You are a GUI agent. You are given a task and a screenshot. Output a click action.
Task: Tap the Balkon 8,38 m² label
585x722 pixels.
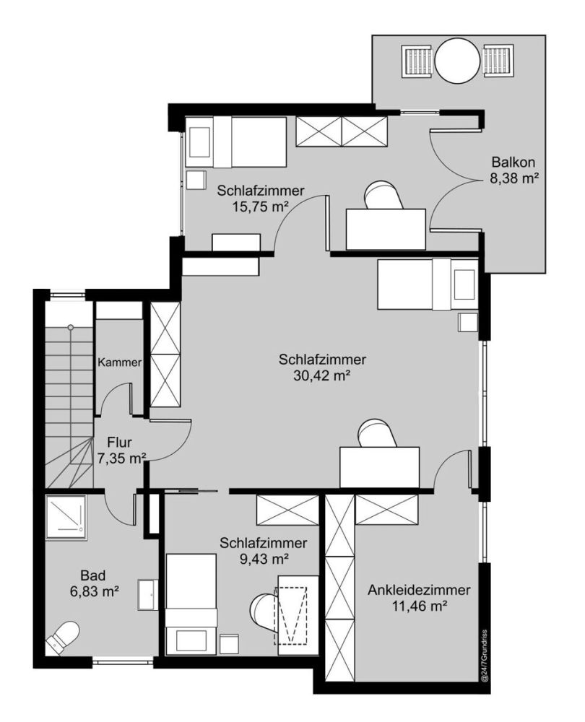513,170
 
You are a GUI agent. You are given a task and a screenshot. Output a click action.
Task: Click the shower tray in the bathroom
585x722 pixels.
66,517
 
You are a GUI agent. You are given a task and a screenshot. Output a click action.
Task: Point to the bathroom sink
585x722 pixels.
148,595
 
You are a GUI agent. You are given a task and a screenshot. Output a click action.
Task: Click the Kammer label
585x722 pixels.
119,362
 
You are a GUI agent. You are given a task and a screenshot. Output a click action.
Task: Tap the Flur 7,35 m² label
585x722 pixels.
120,451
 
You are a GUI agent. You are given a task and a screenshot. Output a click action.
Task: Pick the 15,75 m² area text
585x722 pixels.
261,206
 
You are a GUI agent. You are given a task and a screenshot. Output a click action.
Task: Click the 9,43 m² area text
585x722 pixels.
264,559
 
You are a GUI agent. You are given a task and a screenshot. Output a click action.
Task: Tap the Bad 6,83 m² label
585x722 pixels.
95,583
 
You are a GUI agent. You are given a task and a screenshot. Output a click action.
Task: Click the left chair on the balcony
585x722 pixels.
418,61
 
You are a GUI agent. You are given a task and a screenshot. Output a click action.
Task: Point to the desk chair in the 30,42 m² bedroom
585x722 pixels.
378,432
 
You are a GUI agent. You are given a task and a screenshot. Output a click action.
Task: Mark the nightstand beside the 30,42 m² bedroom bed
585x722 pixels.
467,322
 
